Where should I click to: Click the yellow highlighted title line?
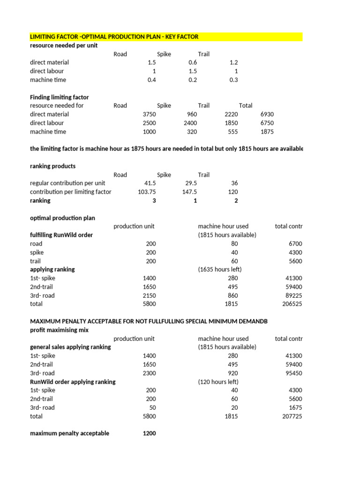[x=114, y=37]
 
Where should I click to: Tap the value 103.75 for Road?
[x=147, y=192]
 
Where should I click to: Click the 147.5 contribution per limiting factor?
[x=189, y=192]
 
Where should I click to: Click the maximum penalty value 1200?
[x=149, y=433]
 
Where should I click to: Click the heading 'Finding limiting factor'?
[x=59, y=97]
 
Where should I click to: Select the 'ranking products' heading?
[x=52, y=166]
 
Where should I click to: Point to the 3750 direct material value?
[x=149, y=114]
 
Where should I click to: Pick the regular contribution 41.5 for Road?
[x=150, y=183]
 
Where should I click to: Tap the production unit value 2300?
[x=149, y=373]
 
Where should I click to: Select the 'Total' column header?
[x=245, y=105]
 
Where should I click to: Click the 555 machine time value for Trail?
[x=232, y=132]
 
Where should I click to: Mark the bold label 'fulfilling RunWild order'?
[x=61, y=235]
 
